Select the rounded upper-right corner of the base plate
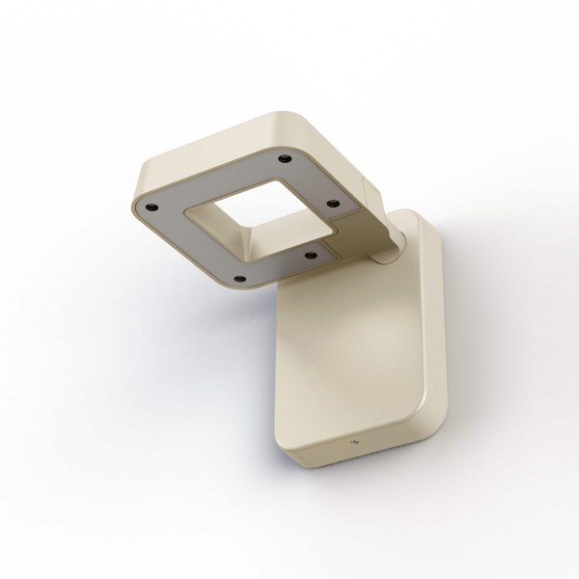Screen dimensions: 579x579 click(429, 228)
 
